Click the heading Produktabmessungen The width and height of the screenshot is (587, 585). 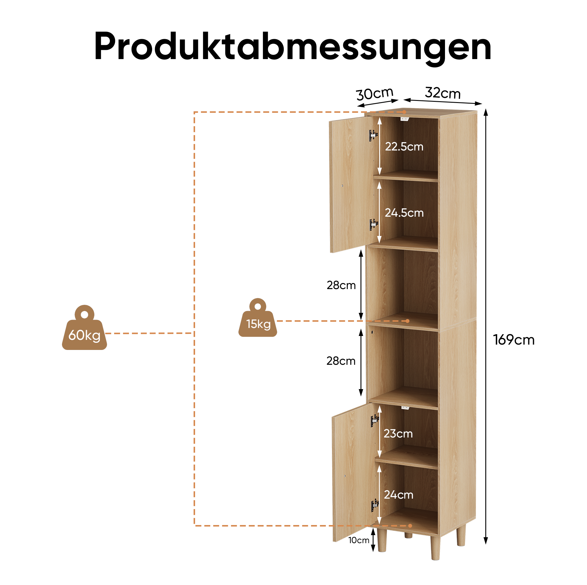click(x=293, y=47)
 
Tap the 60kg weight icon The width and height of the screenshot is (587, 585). click(x=84, y=328)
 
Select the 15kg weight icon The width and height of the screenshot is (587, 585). click(x=258, y=318)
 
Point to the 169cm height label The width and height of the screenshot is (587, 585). click(x=513, y=340)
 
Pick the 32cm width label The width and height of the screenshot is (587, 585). click(x=443, y=93)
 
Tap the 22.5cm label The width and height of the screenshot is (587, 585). click(x=404, y=147)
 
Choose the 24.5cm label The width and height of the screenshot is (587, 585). click(x=404, y=213)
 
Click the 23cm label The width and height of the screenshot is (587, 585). click(x=398, y=434)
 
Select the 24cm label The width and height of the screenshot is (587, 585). click(x=399, y=495)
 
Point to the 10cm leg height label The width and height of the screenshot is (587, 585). click(x=358, y=540)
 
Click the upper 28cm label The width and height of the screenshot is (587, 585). click(x=341, y=285)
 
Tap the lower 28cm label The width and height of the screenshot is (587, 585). click(x=341, y=361)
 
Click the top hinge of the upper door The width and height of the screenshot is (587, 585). click(x=374, y=135)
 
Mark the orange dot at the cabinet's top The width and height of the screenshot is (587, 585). click(x=404, y=112)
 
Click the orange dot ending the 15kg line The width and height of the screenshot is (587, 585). click(x=408, y=321)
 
